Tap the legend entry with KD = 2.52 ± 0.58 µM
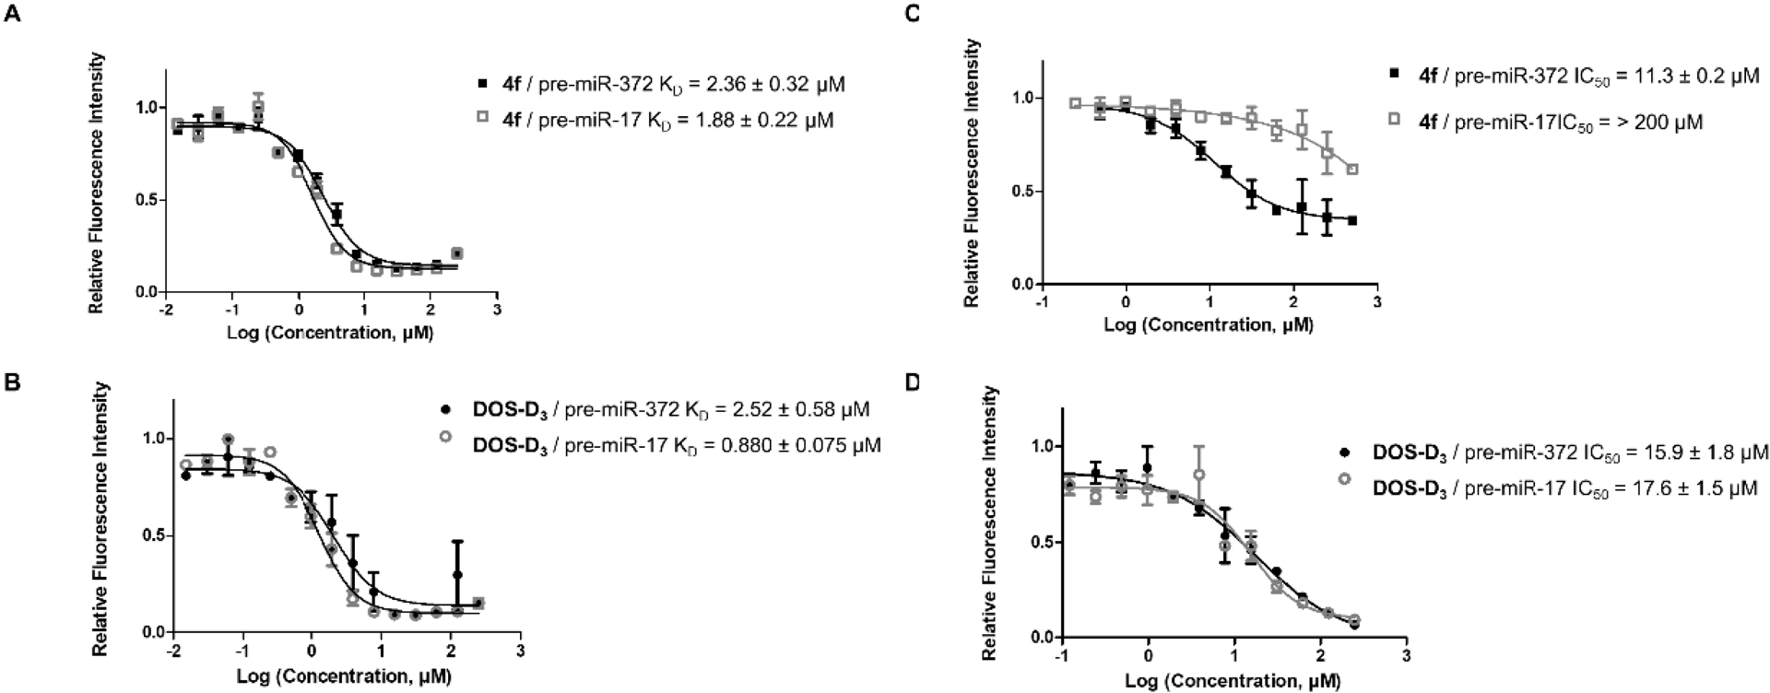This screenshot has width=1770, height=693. click(655, 409)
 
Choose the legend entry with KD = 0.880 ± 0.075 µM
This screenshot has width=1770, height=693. click(662, 445)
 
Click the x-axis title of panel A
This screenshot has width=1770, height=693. click(329, 332)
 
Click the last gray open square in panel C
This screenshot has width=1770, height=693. click(1352, 170)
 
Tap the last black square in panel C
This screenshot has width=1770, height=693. click(1352, 220)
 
